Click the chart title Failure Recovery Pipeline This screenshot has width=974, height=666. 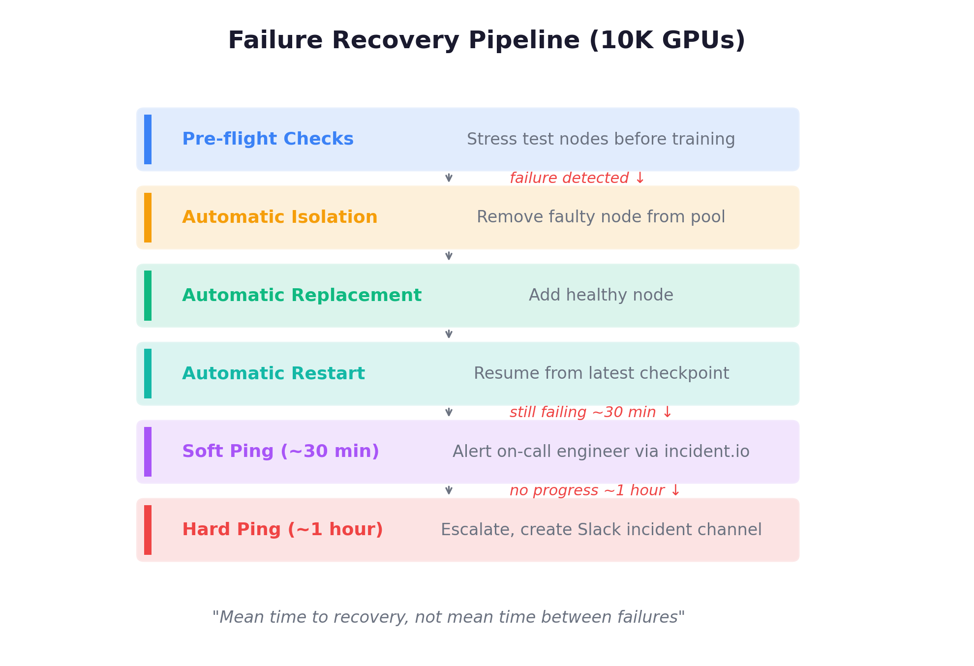[403, 40]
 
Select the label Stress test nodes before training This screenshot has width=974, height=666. [601, 139]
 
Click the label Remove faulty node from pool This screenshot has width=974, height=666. [601, 217]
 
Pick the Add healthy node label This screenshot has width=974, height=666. [601, 295]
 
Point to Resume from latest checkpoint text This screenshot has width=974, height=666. [601, 373]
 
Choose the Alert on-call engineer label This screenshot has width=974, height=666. [556, 452]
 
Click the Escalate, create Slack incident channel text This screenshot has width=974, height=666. [601, 530]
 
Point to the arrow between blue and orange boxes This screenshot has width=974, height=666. [449, 178]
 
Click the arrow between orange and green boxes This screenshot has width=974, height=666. [449, 256]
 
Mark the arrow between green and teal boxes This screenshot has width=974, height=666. [449, 334]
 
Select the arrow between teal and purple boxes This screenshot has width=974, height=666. [449, 412]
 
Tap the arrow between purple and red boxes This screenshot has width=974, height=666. [449, 490]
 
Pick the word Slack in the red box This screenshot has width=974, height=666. [600, 530]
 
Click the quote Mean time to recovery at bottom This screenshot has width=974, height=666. [448, 617]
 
